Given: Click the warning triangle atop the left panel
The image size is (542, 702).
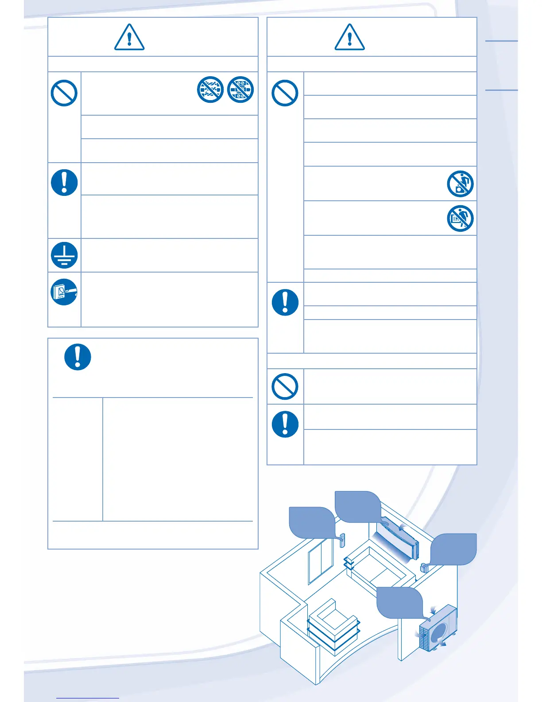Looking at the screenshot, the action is (129, 37).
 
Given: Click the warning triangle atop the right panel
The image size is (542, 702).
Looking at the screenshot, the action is (349, 37).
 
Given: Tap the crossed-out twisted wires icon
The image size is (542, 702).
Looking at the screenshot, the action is (210, 89).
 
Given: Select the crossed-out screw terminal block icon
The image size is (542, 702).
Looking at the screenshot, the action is (240, 89).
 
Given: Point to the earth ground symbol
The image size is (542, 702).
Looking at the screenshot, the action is (64, 255).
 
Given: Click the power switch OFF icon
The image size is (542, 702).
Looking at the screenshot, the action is (64, 292).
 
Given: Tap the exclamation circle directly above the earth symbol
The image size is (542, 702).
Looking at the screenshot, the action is (64, 183).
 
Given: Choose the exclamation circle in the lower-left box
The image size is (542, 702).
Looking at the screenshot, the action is (78, 357).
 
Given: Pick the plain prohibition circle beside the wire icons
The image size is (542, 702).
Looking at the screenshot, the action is (64, 93).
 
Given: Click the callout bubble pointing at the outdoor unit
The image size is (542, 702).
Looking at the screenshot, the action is (399, 602).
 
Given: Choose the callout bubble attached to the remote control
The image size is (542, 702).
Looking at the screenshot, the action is (312, 523).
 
